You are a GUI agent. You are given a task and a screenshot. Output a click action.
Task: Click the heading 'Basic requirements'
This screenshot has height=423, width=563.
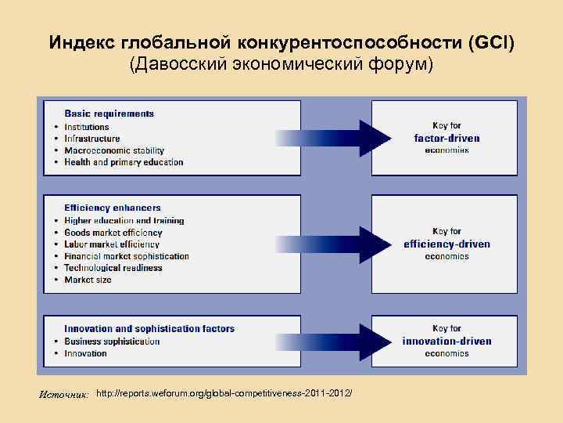(109, 114)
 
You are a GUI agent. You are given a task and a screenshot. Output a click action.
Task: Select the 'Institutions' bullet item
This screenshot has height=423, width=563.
(87, 127)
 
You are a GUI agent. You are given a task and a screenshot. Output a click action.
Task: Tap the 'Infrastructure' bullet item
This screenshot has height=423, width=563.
(92, 139)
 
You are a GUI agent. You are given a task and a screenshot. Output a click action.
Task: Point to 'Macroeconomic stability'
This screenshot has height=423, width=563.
(114, 150)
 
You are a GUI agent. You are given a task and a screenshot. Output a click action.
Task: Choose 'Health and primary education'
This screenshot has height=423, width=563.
(124, 162)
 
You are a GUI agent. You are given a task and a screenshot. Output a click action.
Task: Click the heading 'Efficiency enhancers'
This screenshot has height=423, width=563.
(113, 208)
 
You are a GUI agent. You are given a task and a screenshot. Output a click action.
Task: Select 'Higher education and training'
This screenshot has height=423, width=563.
(124, 221)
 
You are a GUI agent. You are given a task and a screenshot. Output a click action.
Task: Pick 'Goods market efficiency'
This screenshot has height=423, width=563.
(113, 233)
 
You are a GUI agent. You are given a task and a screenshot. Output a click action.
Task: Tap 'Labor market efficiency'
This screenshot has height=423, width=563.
(112, 244)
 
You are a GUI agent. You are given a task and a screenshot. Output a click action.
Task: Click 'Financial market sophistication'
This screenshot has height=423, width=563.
(127, 256)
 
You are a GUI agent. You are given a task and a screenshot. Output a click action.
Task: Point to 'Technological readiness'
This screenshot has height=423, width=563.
(113, 268)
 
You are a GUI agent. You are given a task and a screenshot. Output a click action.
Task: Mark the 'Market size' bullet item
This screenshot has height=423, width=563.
(88, 280)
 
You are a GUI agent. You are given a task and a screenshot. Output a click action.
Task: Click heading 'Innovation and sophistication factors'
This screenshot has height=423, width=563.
(149, 329)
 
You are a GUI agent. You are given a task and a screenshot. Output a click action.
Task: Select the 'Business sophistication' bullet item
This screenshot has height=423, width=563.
(112, 342)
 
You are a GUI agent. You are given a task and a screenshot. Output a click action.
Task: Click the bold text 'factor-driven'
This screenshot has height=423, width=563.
(446, 138)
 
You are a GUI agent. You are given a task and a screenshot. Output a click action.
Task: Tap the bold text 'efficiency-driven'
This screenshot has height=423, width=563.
(446, 244)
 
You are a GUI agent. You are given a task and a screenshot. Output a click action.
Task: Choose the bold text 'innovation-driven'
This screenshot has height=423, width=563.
(446, 341)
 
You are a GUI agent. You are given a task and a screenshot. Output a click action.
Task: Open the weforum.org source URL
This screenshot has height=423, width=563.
(224, 390)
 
